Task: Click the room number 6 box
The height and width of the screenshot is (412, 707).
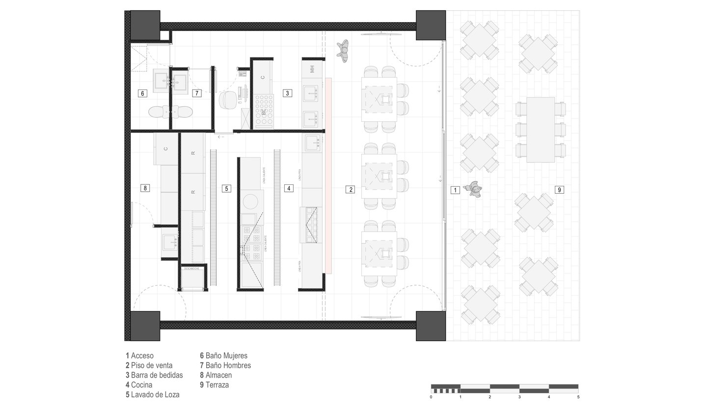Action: point(142,93)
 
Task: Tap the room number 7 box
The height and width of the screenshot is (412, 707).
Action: point(196,93)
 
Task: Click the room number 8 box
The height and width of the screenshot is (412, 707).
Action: point(144,188)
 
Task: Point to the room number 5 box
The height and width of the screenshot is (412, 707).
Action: point(226,188)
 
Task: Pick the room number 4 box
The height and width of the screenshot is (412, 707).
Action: point(289,188)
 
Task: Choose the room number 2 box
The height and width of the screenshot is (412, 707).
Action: point(350,189)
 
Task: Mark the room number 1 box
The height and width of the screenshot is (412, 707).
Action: point(455,190)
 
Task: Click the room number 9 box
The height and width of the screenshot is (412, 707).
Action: point(559,189)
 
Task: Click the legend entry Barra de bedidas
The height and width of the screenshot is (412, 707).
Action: point(154,375)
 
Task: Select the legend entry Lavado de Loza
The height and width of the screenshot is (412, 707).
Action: point(152,394)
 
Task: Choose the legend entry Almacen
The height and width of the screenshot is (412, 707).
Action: point(216,375)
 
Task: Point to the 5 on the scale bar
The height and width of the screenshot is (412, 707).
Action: point(578,397)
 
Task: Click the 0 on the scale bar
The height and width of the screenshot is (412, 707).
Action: point(431,397)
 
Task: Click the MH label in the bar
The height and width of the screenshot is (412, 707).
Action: point(312,69)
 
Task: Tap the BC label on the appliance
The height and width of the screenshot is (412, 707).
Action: point(264,113)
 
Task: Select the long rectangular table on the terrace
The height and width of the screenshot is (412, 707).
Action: point(541,130)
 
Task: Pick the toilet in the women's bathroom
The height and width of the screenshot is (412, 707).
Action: point(158,112)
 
